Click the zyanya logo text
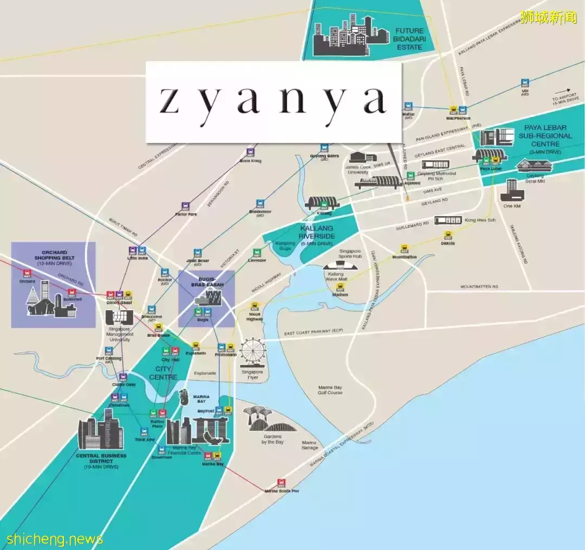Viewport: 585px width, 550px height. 273,101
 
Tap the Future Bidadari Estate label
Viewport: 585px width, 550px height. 409,39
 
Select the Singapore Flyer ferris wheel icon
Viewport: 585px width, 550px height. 252,352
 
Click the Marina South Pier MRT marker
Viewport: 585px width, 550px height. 281,482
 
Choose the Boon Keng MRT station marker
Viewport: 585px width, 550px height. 250,153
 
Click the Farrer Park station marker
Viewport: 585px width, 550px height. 185,206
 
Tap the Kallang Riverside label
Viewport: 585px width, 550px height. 317,232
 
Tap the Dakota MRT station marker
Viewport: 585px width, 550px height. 448,235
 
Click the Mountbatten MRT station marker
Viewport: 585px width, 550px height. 404,248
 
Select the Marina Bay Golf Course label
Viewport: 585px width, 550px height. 330,389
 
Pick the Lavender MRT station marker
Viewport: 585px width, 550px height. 257,253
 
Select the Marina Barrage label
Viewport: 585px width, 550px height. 309,445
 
